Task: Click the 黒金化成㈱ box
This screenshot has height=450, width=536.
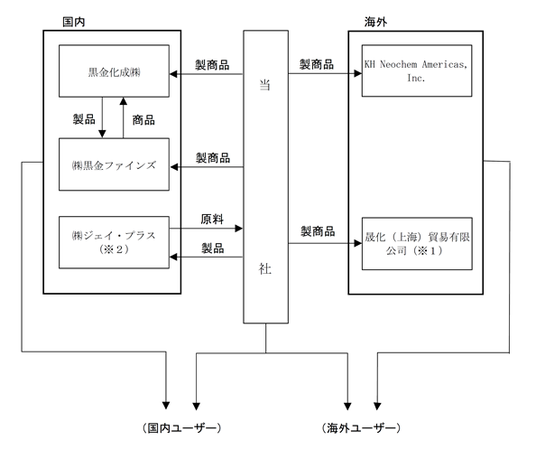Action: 114,70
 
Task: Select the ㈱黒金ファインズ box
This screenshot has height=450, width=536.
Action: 114,164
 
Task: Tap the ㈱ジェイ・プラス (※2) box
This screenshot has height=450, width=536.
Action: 114,242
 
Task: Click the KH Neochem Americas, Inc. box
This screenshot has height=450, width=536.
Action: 417,70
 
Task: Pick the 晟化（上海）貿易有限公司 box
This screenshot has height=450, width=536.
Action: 417,244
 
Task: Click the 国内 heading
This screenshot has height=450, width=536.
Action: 73,22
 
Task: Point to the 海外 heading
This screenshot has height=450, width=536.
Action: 375,22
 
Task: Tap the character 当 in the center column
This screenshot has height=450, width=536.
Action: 265,85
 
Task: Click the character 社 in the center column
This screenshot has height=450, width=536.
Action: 265,269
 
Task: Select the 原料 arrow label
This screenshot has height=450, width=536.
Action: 212,219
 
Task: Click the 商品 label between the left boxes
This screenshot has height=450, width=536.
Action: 143,120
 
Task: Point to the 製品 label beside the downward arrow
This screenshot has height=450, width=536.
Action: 84,119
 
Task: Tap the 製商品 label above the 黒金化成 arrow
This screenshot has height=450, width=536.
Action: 212,65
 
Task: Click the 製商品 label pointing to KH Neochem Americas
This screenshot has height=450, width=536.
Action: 317,64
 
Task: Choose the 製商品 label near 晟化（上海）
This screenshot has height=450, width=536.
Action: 318,231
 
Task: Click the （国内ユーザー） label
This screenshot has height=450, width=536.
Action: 182,427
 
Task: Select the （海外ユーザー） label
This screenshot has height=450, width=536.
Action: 361,427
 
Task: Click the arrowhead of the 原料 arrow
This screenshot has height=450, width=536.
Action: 239,229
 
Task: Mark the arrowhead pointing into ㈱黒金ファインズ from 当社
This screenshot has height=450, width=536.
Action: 174,167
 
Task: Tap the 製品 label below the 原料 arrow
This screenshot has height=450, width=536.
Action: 213,248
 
